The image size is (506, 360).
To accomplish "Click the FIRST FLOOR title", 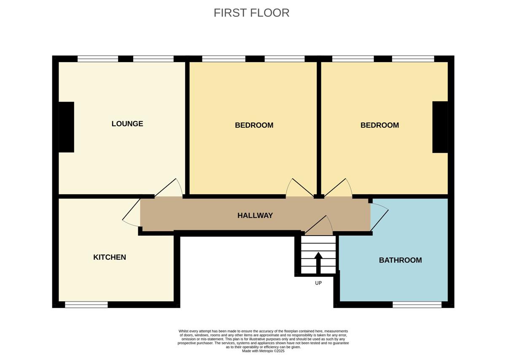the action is (x=251, y=13).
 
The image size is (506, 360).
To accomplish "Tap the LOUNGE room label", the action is (x=127, y=124).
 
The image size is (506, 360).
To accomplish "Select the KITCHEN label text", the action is (x=110, y=257).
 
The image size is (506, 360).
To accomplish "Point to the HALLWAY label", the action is (x=255, y=216).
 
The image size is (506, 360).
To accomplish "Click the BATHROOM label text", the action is (x=400, y=260).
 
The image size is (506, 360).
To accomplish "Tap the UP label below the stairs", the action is (x=318, y=283).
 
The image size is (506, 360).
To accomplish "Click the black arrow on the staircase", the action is (x=318, y=263).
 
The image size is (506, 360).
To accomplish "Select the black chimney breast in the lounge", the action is (x=67, y=127).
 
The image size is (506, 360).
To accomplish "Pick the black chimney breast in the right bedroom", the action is (x=440, y=127).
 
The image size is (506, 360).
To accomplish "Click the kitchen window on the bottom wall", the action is (x=86, y=305).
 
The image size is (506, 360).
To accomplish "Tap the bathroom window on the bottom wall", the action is (x=417, y=305).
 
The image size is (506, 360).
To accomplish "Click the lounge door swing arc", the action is (x=180, y=186).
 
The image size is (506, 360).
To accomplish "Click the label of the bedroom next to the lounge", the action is (x=254, y=125).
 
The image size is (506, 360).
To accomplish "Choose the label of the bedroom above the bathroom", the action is (x=379, y=125).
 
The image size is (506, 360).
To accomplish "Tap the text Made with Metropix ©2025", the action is (x=263, y=351).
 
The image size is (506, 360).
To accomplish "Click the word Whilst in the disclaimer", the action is (x=183, y=331).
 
